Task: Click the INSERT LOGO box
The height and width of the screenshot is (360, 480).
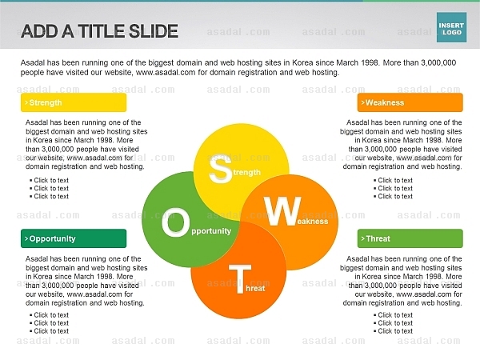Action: (x=451, y=27)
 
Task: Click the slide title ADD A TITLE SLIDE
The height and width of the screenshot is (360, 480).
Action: (x=99, y=31)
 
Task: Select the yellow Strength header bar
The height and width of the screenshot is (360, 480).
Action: (x=74, y=102)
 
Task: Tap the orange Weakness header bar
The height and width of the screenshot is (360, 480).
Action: (x=410, y=102)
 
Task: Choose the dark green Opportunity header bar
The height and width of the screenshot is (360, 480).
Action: (x=74, y=238)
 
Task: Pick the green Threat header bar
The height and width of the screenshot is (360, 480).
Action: (x=410, y=238)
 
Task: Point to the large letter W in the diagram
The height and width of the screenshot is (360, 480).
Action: (x=283, y=211)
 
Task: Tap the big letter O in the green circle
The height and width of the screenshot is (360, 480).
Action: (x=175, y=223)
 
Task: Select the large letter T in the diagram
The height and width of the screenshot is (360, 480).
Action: (x=240, y=279)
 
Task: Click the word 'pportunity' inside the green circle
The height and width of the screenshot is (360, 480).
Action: (x=211, y=231)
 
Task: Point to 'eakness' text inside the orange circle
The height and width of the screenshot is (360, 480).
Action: (x=313, y=222)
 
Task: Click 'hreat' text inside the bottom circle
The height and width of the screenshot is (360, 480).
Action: (x=255, y=288)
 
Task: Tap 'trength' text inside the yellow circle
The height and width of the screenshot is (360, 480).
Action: (x=246, y=173)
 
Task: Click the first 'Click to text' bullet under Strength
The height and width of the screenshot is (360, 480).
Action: (x=49, y=180)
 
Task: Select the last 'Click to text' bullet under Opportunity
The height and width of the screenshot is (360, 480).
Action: (x=49, y=331)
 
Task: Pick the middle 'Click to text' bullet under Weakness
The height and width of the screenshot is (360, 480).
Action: (x=393, y=188)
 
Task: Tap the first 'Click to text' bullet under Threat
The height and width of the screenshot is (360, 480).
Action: (x=393, y=315)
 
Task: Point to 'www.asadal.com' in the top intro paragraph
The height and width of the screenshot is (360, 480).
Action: (x=166, y=73)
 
